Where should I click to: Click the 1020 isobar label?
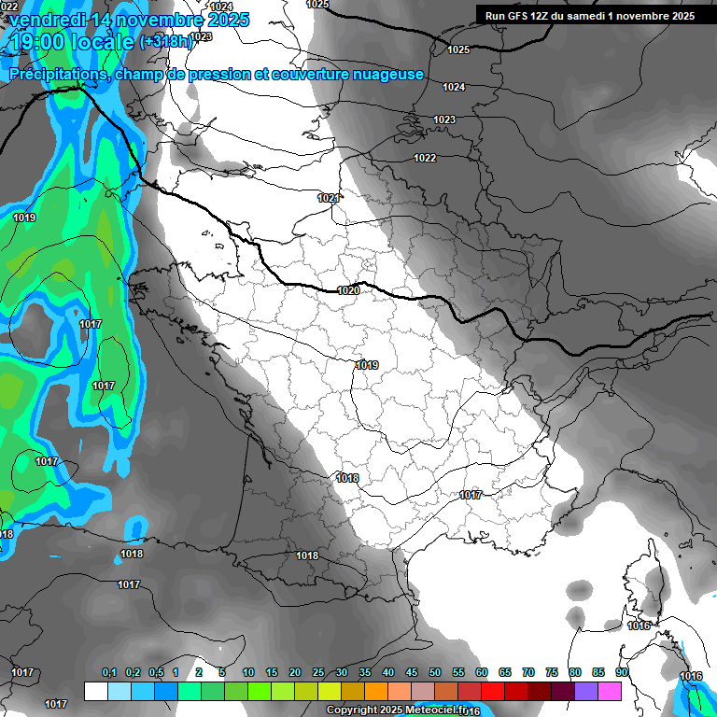tap(348, 290)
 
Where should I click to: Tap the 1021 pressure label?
tap(328, 198)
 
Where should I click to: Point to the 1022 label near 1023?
tap(425, 158)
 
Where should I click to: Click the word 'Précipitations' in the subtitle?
tap(57, 74)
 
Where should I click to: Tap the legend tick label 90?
tap(622, 673)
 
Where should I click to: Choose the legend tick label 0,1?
tap(109, 673)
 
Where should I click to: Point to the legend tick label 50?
tap(435, 673)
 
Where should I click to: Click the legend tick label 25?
tap(318, 673)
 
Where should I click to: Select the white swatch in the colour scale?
tap(95, 691)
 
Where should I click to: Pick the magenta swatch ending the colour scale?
tap(610, 691)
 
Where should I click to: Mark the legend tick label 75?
tap(552, 673)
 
